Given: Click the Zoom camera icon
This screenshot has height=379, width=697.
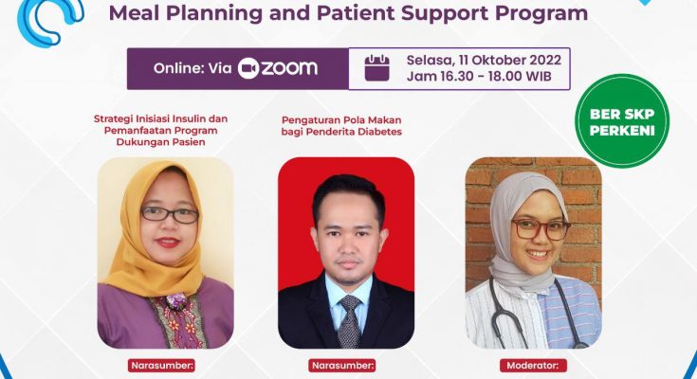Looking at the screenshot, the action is coord(248,68).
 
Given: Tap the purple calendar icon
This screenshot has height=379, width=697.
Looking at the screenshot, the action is coord(377,68).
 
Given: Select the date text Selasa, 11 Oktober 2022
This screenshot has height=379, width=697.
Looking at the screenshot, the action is coord(484,61).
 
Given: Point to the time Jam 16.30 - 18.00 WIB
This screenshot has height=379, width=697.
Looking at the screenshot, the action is coord(479,76).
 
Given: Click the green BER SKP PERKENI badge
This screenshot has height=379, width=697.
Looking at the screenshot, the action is coord(622,121).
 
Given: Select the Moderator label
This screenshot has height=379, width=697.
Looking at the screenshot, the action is coord(533,365).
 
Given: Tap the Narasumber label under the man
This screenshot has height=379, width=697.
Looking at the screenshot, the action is coord(342,365).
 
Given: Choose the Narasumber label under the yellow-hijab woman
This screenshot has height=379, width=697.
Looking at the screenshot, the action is coord(161,365).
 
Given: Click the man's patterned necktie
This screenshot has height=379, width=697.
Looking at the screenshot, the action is coord(349,321).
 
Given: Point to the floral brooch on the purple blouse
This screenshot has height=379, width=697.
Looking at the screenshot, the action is coord(176,302).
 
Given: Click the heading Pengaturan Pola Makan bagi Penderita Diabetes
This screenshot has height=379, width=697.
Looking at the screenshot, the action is coord(341,126).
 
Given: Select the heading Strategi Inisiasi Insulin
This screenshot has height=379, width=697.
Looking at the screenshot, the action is coord(160,118).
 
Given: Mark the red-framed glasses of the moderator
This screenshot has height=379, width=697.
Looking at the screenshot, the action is coord(541,229).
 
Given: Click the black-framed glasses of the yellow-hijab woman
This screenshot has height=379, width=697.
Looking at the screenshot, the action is coord(170,214).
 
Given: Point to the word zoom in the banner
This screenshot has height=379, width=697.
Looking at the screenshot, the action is coord(289,68).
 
